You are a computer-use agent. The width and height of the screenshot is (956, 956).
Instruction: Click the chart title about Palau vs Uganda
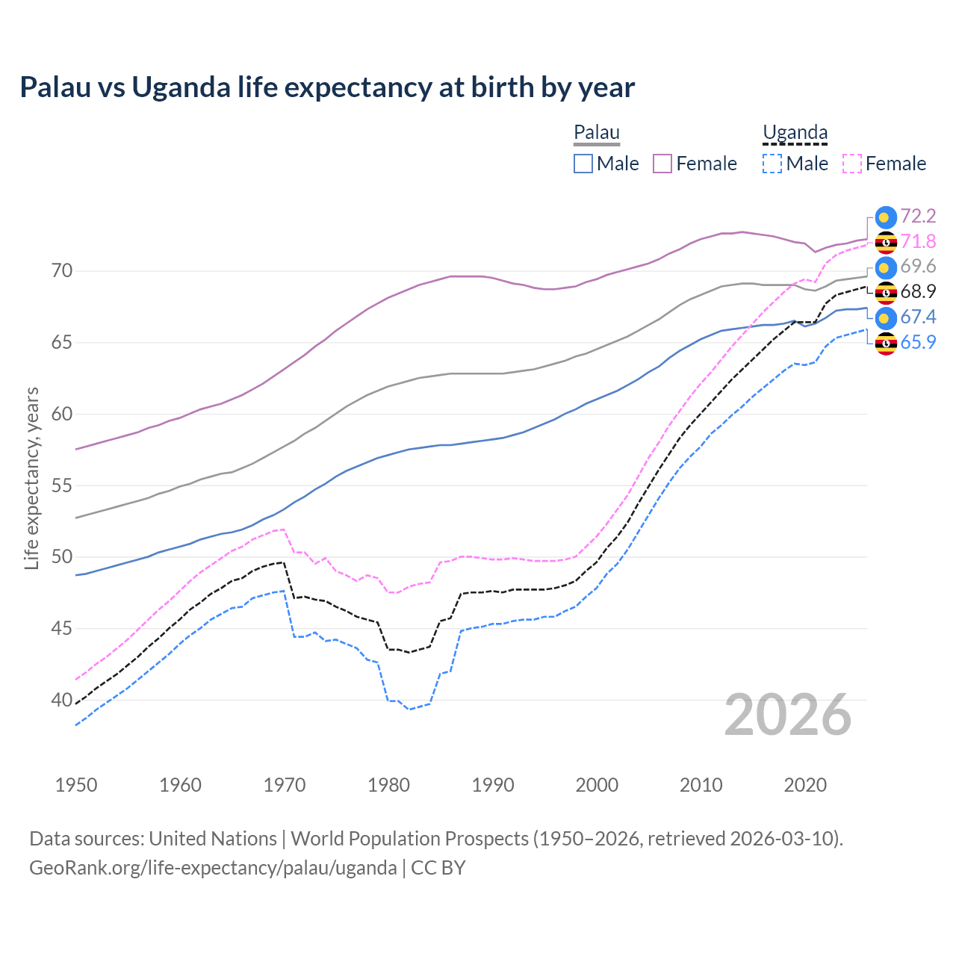pos(327,87)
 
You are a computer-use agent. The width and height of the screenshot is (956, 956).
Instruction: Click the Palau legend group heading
pos(597,133)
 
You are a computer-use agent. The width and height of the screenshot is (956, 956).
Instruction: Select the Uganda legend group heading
pos(795,133)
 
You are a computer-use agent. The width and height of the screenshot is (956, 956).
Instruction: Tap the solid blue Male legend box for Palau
pos(583,164)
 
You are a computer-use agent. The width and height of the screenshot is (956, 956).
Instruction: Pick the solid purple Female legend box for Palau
pos(662,164)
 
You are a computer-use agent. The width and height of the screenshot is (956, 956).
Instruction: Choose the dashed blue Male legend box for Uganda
pos(772,164)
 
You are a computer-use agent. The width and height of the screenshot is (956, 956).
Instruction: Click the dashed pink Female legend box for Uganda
pos(852,164)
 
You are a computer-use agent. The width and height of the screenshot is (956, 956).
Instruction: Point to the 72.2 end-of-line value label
pos(918,217)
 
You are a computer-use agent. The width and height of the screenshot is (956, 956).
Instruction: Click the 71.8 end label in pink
pos(918,242)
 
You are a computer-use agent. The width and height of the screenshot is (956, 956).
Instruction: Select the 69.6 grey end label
pos(918,267)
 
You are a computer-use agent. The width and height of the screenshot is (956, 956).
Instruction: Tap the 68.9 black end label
pos(918,292)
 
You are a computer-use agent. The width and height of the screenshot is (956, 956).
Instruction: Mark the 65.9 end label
pos(918,343)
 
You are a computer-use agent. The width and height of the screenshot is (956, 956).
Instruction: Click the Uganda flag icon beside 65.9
pos(886,344)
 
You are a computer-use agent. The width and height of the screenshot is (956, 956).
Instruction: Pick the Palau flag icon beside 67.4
pos(886,318)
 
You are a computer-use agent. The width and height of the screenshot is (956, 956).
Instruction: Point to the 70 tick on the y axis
pos(62,271)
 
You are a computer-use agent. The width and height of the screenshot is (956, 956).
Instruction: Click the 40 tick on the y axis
pos(62,701)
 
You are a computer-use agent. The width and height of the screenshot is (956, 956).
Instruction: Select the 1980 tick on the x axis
pos(388,785)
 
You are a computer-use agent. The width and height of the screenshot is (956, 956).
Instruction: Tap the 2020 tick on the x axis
pos(805,785)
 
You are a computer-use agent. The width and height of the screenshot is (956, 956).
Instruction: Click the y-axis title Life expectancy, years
pos(31,478)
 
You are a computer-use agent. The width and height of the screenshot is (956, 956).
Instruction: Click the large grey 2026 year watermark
pos(788,716)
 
